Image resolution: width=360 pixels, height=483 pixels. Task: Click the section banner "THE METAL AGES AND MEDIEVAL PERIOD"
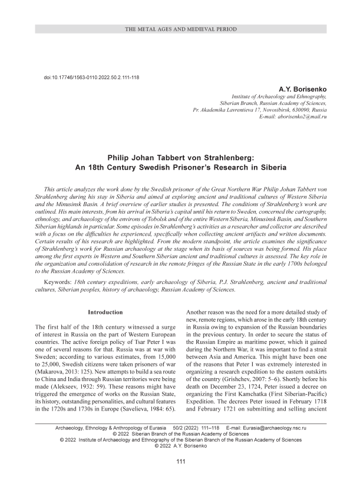click(180, 29)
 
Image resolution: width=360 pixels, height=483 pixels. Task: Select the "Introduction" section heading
click(105, 312)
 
